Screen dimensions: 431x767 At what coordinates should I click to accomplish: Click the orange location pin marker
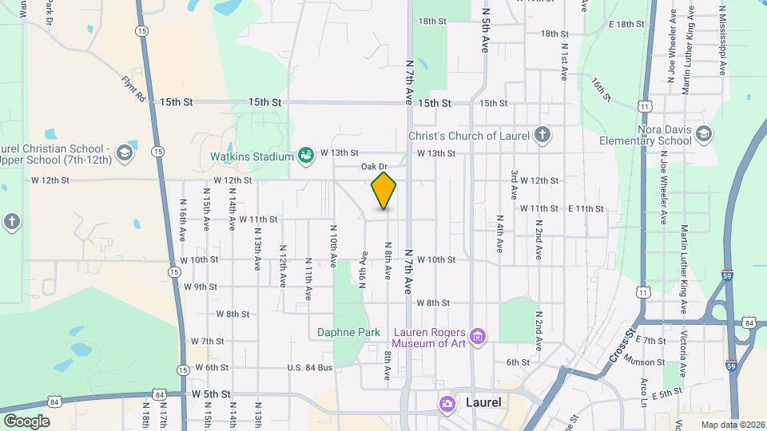coord(383,190)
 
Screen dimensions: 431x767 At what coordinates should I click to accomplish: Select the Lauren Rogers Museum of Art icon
coord(478,336)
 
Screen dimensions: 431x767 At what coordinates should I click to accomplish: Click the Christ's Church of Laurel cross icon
coord(542,134)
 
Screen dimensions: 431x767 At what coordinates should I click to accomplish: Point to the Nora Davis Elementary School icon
coord(704,133)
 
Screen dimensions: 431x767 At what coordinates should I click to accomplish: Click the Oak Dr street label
coord(374,167)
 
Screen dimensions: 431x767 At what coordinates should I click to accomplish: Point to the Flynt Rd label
coord(133,88)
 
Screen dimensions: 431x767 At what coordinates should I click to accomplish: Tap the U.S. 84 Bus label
coord(309,367)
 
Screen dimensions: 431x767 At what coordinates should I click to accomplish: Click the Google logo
coord(26,421)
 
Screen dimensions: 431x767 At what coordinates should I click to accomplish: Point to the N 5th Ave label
coord(484,32)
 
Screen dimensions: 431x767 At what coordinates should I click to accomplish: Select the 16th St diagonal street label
coord(602,89)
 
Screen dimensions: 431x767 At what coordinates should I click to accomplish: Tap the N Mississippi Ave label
coord(721,42)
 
